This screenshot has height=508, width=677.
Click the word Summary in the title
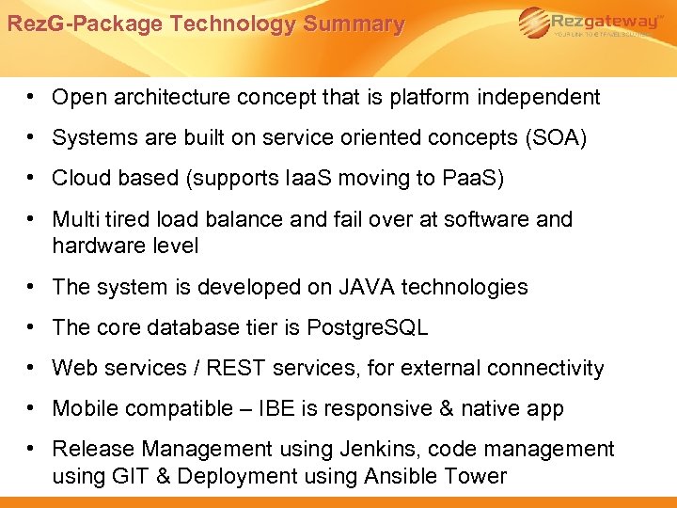point(360,24)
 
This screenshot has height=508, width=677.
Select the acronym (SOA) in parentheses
point(557,138)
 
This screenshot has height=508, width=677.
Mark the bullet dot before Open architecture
point(32,97)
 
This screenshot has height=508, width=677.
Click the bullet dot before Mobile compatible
point(32,408)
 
